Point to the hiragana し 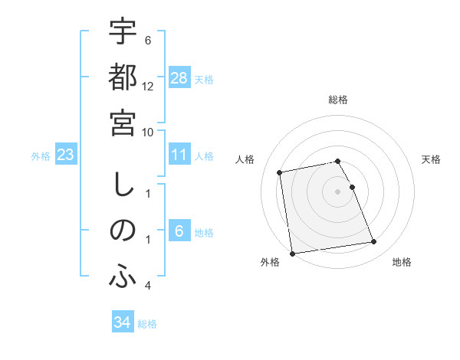(x=123, y=185)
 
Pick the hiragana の (x=123, y=231)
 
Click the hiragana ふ (x=123, y=277)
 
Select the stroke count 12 (x=148, y=86)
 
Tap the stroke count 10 (x=148, y=132)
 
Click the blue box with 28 (x=179, y=78)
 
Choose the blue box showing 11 (x=179, y=155)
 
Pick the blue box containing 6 (x=179, y=232)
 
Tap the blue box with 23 (x=66, y=155)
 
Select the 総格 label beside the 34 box (x=147, y=324)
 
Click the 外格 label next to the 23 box (x=41, y=156)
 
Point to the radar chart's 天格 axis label (x=432, y=159)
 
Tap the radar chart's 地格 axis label (x=402, y=262)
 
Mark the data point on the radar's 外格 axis (x=291, y=254)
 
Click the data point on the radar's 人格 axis (x=281, y=172)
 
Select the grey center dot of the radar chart (x=337, y=191)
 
